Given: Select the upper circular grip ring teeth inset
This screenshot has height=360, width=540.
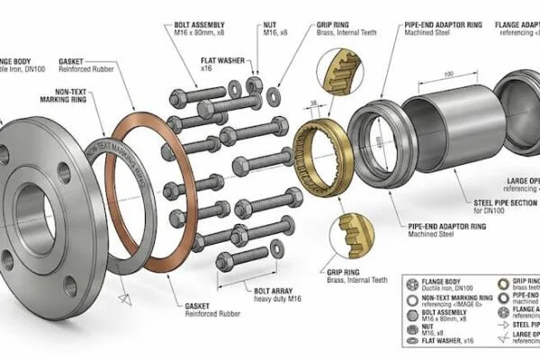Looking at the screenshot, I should [x=344, y=69].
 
